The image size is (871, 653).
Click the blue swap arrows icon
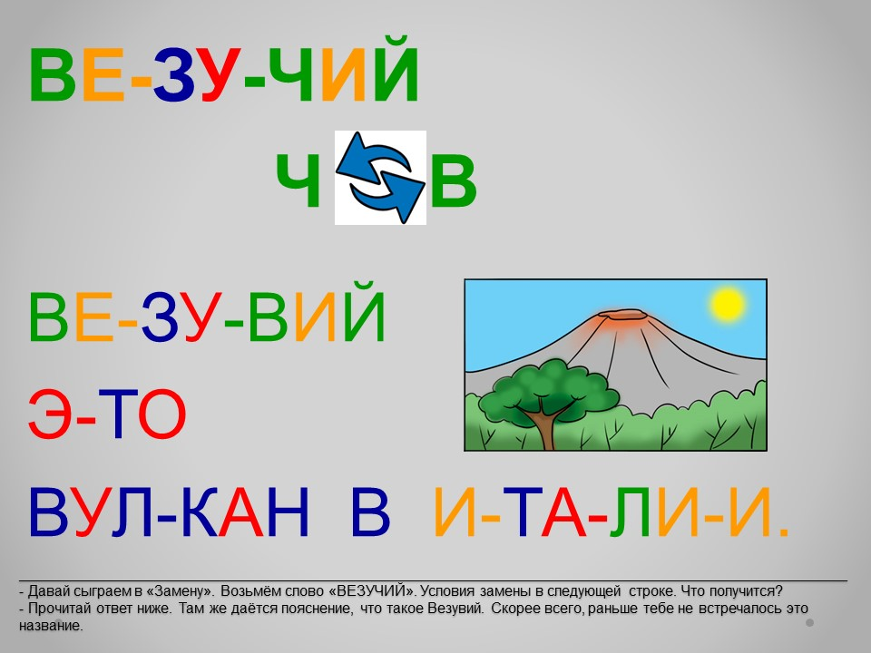coord(380,178)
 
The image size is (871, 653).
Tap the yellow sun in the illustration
coord(727,305)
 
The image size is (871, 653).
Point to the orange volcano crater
coord(624,316)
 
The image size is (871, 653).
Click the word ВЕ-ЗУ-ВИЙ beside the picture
coord(207,312)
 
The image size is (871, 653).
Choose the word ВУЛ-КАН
coord(169,512)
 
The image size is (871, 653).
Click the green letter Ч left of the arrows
coord(298,180)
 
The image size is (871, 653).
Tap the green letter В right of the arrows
coord(454,180)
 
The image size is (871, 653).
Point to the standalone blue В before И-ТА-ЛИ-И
coord(370,512)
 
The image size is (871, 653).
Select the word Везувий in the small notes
coord(455,609)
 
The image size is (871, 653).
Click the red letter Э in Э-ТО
coord(49,414)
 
